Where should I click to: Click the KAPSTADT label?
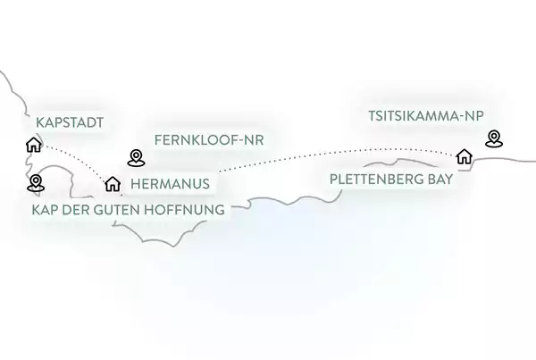pos(70,122)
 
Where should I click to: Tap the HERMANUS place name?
pos(171,184)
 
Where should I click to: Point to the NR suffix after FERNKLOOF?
pos(254,140)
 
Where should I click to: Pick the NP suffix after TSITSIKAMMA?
pos(473,116)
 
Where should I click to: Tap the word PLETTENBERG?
pos(376,180)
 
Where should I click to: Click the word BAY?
pos(440,180)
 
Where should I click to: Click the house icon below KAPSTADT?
pos(34,145)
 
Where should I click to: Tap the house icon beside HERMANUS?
pos(113,184)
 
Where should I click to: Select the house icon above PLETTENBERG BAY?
pos(465,156)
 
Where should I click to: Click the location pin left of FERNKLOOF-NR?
pos(136,158)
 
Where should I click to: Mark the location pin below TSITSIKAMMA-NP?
pos(494,138)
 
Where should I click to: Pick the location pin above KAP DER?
pos(36,183)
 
